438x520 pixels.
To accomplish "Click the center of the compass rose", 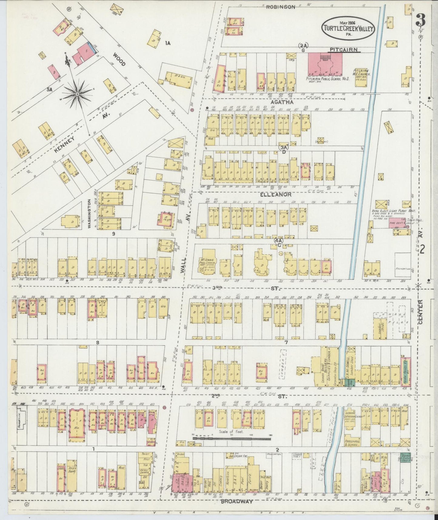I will point(77,94).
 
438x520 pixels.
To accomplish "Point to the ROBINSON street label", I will point(280,7).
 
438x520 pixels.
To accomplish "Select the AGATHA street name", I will point(282,102).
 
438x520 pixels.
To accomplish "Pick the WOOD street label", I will point(119,60).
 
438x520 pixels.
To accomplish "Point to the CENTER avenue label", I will point(421,312).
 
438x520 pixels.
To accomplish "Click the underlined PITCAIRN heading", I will point(344,49).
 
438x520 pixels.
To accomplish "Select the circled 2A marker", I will point(303,46).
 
